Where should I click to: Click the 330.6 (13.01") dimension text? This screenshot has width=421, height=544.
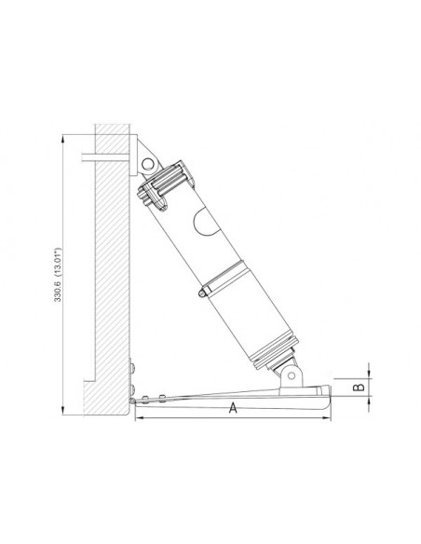(58, 274)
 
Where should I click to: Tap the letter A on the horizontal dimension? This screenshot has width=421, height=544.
(232, 407)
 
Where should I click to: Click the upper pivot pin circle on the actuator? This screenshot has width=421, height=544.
(146, 164)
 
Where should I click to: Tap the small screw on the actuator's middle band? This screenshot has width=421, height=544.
(201, 292)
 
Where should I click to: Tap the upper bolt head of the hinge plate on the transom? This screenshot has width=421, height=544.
(133, 365)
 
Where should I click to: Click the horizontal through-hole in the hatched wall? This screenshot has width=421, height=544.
(102, 155)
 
